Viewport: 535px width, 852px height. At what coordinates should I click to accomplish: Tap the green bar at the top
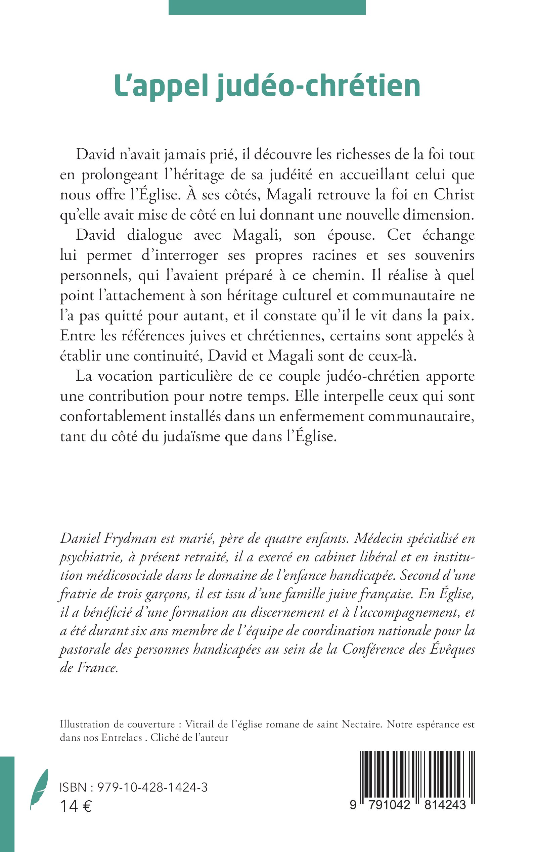click(267, 7)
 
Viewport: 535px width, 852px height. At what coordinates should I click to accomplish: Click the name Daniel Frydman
click(108, 538)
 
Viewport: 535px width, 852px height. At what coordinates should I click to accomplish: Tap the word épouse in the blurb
click(351, 235)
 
